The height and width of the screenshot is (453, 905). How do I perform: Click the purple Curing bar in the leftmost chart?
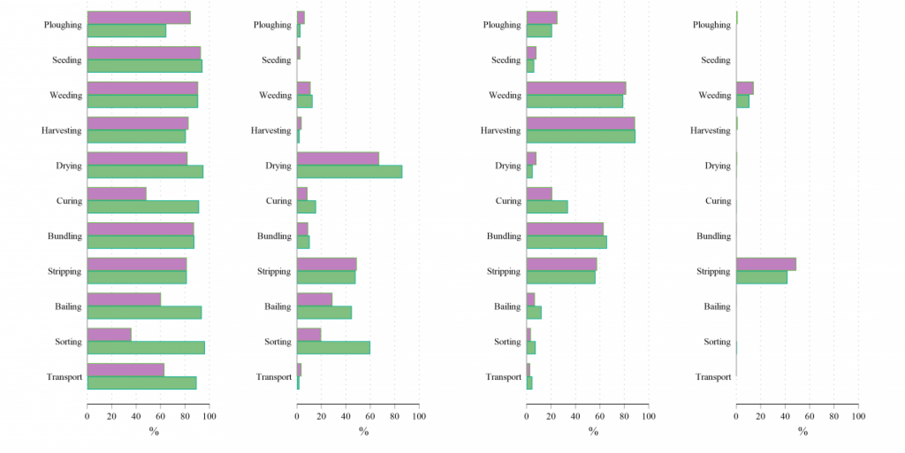click(117, 193)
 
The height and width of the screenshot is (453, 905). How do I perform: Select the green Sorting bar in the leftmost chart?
click(146, 348)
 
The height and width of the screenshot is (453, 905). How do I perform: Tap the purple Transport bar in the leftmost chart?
click(126, 369)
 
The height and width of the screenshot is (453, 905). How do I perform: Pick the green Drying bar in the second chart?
click(349, 172)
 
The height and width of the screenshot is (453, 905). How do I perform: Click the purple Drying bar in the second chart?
click(338, 159)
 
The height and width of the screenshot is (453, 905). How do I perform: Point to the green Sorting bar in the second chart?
click(333, 348)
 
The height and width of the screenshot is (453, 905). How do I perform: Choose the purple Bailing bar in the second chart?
click(314, 299)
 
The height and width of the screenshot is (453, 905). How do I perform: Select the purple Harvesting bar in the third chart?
click(581, 123)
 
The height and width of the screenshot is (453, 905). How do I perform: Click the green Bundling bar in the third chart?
click(567, 242)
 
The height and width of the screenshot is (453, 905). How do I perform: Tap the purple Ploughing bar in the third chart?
click(542, 18)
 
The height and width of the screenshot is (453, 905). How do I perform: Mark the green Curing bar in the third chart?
click(547, 207)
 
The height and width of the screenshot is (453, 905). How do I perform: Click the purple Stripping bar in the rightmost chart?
click(766, 264)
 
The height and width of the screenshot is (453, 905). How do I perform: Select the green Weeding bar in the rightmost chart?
click(743, 101)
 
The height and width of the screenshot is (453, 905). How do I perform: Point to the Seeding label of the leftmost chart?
click(66, 60)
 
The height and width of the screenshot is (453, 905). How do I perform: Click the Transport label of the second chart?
click(274, 377)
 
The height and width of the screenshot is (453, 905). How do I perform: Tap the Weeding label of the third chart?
click(505, 95)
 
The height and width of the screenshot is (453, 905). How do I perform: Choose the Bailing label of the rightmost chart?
click(717, 307)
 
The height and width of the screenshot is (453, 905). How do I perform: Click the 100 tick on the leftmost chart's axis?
click(209, 416)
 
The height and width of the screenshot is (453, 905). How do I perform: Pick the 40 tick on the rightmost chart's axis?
click(785, 416)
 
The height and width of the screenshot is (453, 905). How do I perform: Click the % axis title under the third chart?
click(593, 431)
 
